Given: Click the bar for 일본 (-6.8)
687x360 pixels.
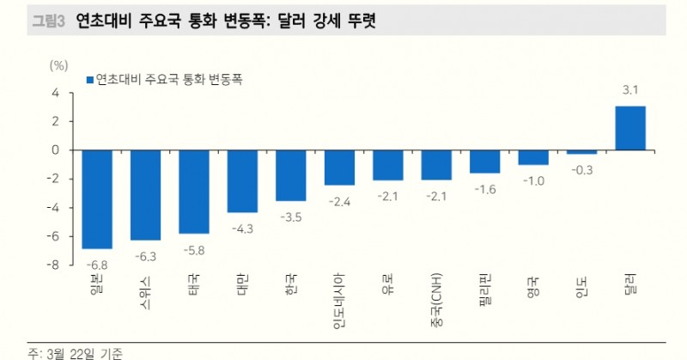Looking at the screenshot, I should [x=97, y=198].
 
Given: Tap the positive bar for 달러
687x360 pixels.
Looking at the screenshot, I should [x=630, y=128].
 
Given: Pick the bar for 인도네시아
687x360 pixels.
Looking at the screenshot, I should [x=339, y=168].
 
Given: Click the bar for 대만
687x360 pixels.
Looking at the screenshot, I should [x=242, y=180].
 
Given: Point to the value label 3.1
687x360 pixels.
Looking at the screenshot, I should [x=630, y=89].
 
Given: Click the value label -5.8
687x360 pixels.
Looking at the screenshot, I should [x=193, y=250].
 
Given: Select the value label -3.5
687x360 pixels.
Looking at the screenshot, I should [x=290, y=217].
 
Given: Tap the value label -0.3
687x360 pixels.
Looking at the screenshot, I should [x=581, y=171].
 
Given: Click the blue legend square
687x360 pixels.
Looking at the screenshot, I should [x=89, y=80].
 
